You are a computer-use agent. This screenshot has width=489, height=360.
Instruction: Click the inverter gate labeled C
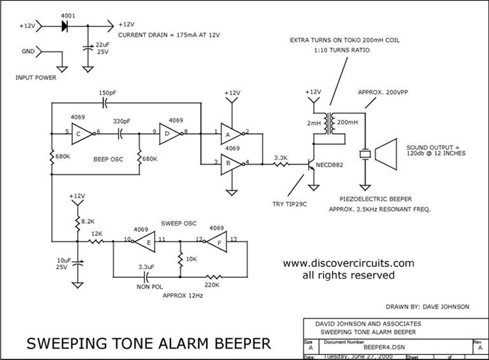(82, 133)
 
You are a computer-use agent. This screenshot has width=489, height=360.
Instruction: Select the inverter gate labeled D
(168, 133)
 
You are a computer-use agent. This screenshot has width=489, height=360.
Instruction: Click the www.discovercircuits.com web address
(348, 263)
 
